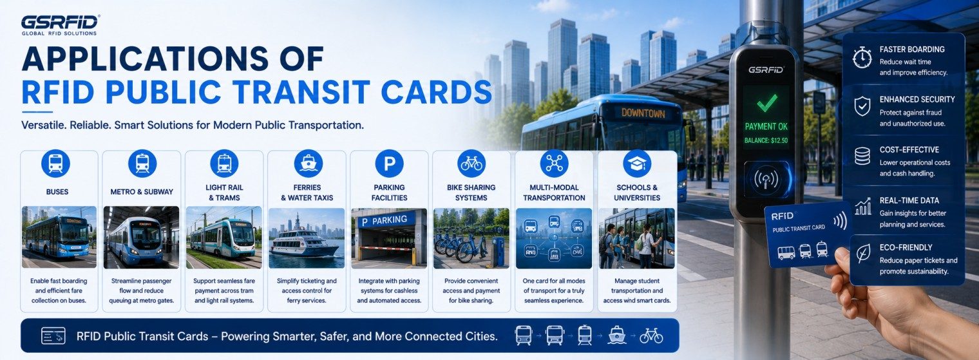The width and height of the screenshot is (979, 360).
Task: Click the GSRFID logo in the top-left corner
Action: [x=60, y=25]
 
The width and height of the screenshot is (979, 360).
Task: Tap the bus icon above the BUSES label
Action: [x=55, y=164]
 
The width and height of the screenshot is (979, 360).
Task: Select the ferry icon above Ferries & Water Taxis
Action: [x=308, y=164]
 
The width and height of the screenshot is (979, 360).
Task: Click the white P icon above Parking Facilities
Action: [x=389, y=164]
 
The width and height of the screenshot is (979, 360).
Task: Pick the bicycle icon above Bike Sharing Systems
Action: [x=471, y=164]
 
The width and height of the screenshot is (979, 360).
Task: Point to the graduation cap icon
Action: [x=637, y=164]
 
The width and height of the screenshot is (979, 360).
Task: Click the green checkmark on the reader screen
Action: [x=766, y=103]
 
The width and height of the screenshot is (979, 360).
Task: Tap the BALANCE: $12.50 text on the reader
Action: [x=766, y=140]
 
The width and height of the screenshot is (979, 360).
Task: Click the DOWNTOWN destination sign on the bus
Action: [x=643, y=113]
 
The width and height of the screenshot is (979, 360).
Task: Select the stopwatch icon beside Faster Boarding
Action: [x=862, y=57]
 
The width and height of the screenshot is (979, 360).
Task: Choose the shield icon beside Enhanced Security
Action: [x=862, y=106]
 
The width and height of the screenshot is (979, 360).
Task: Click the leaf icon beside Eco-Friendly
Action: [x=863, y=253]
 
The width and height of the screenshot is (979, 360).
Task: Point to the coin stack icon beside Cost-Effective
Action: [x=862, y=156]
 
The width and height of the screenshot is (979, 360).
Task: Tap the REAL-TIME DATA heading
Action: [x=909, y=200]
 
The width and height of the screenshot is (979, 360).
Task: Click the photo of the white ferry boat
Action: [x=307, y=238]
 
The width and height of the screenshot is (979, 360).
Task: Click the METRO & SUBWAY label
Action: [x=142, y=192]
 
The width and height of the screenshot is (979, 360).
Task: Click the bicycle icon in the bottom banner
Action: [x=651, y=336]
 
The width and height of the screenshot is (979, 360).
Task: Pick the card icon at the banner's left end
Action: [x=53, y=336]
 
